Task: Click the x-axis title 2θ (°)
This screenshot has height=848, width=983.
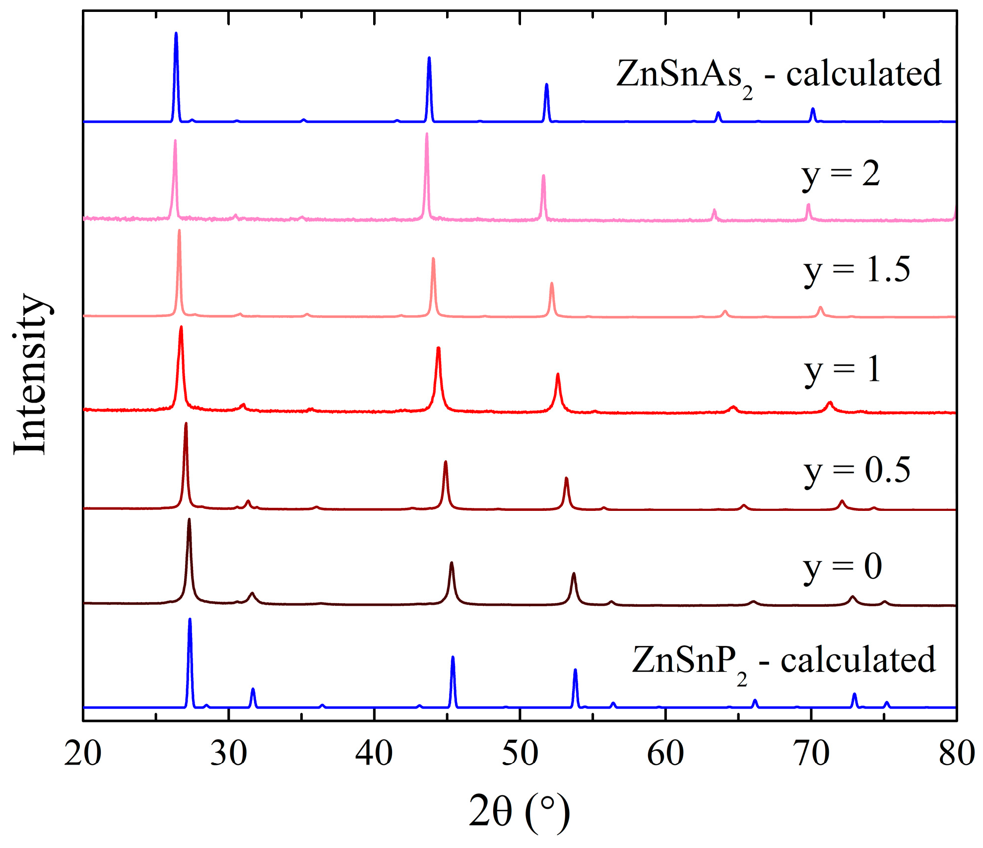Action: point(519,811)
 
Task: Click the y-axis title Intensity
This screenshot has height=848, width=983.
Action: point(31,373)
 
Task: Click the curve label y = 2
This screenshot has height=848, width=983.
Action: point(841,175)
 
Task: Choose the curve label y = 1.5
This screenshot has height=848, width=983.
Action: point(856,271)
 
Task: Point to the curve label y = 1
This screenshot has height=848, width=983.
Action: point(842,371)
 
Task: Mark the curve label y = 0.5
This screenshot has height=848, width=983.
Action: point(857,471)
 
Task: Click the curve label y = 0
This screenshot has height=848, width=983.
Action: point(842,567)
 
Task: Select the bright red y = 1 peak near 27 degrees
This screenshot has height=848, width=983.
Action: point(181,328)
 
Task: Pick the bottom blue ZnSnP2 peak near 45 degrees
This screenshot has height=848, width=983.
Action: point(453,658)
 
